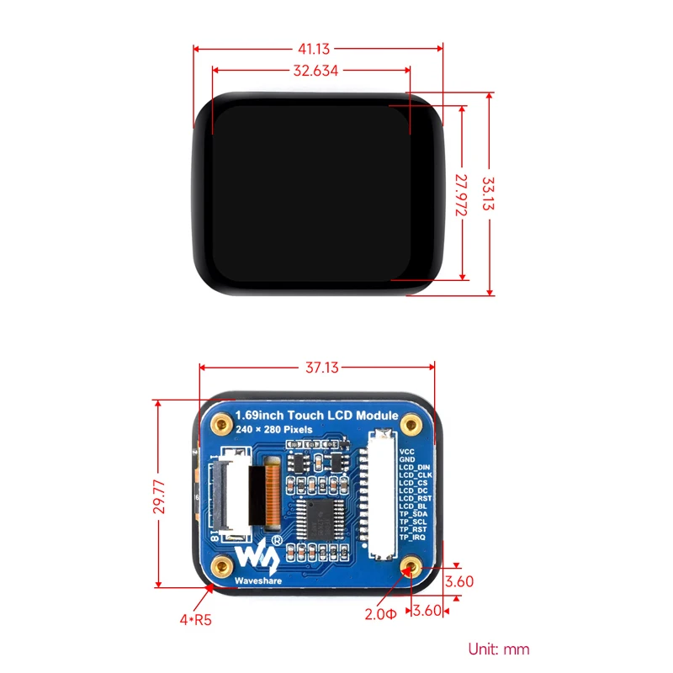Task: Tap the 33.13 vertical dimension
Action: click(x=489, y=195)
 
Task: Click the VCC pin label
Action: click(x=406, y=452)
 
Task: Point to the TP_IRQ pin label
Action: click(x=413, y=537)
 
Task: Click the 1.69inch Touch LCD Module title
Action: click(x=317, y=416)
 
